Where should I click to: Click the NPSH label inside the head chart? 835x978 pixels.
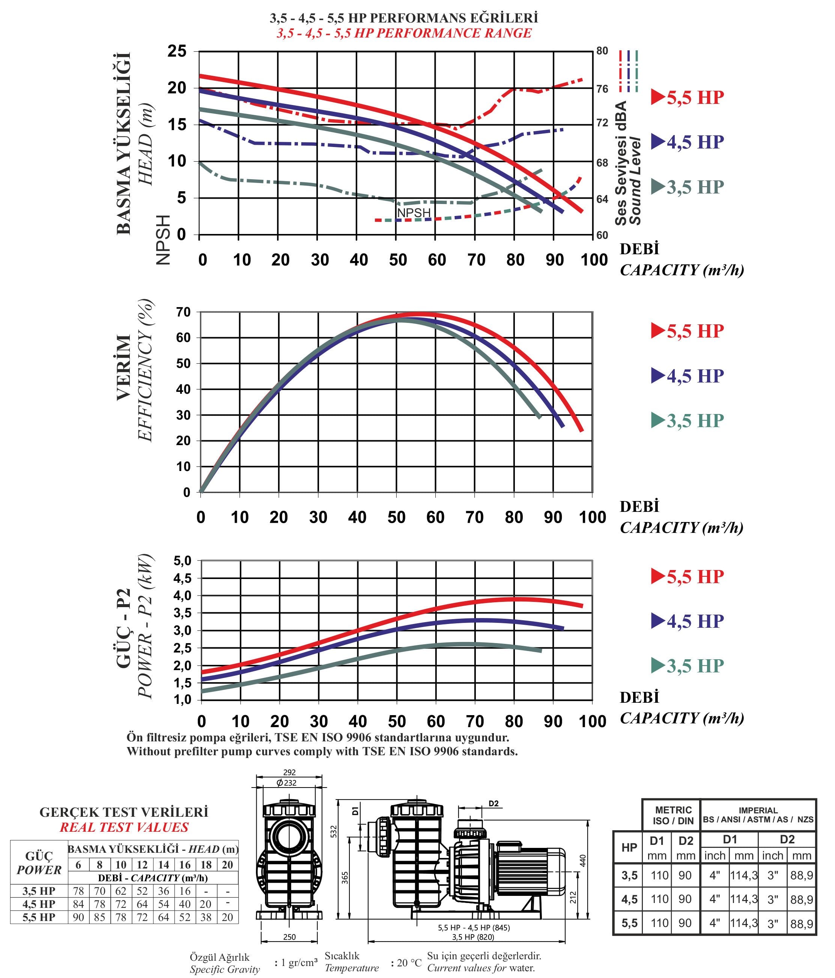point(414,213)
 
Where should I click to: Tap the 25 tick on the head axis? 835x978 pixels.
point(177,51)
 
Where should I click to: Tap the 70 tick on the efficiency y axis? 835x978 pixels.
point(183,312)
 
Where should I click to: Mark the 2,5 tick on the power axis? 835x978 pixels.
point(182,648)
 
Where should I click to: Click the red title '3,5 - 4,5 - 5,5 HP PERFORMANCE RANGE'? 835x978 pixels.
point(404,33)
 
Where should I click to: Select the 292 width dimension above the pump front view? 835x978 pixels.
point(289,772)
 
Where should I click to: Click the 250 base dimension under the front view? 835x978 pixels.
point(289,937)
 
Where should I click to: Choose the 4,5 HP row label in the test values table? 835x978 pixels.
point(39,904)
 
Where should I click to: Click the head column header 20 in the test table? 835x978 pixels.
point(227,865)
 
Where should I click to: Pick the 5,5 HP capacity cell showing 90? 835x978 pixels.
point(78,917)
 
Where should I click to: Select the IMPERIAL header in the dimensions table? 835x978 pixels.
point(758,810)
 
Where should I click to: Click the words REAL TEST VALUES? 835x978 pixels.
point(124,827)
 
